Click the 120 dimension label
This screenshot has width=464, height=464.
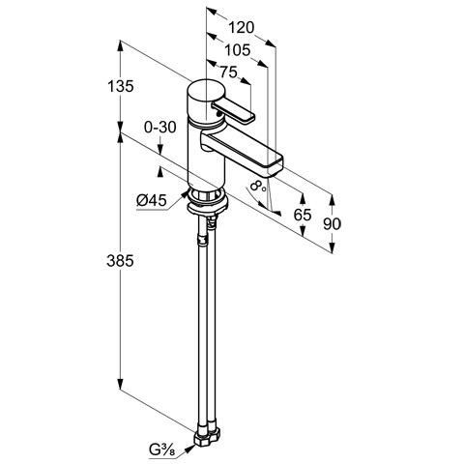click(242, 28)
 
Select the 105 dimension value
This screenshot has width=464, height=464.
click(237, 50)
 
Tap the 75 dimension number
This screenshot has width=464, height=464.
click(228, 72)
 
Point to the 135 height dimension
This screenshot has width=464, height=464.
click(120, 86)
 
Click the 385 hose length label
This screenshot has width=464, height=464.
click(120, 261)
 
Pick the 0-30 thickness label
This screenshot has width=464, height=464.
click(160, 128)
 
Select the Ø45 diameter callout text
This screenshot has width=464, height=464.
click(152, 201)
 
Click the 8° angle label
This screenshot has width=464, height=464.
click(257, 186)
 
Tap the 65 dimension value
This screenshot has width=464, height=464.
click(303, 215)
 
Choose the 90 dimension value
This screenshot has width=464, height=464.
click(332, 223)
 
